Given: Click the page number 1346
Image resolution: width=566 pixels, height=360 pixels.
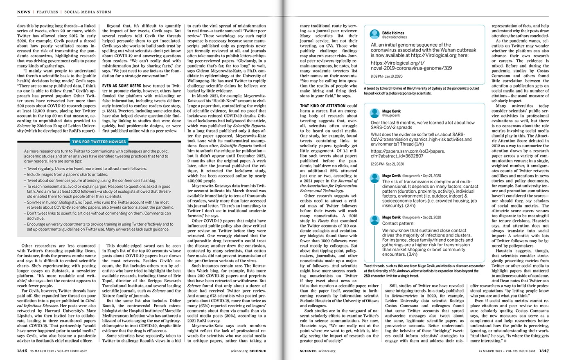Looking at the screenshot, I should click(22, 351).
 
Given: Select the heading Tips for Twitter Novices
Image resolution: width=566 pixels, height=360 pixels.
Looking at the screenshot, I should click(99, 142).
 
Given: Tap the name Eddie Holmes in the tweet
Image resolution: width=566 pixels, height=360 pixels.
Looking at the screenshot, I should click(393, 33).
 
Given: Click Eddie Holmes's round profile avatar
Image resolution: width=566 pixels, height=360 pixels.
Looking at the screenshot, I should click(374, 35).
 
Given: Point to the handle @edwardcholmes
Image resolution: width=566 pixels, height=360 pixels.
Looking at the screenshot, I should click(395, 38).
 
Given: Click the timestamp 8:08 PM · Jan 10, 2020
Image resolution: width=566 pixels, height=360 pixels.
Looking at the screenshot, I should click(386, 76).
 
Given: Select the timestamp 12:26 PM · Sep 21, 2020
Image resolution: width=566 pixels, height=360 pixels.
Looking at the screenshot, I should click(387, 164).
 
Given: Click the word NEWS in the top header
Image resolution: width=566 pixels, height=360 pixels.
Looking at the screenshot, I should click(24, 12).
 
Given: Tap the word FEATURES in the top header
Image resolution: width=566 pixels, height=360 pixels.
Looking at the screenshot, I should click(47, 12).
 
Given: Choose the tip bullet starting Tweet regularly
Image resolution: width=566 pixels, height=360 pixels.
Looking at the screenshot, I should click(86, 169).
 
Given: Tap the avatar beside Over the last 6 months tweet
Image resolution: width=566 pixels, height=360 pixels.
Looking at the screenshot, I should click(374, 113).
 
